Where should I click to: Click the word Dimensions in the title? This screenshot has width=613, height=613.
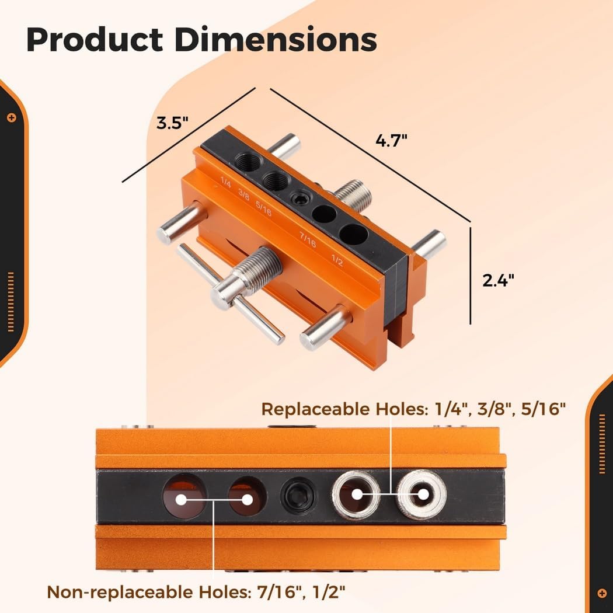pyautogui.click(x=276, y=40)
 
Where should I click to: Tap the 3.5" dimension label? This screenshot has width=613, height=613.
pyautogui.click(x=172, y=123)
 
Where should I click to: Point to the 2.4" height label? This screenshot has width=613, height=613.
pyautogui.click(x=498, y=280)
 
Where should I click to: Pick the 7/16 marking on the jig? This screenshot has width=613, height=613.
pyautogui.click(x=307, y=239)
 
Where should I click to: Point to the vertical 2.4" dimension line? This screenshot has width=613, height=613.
pyautogui.click(x=470, y=274)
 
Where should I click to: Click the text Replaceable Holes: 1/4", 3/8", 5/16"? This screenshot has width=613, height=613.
pyautogui.click(x=413, y=409)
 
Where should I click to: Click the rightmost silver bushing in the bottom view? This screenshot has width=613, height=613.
pyautogui.click(x=422, y=494)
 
